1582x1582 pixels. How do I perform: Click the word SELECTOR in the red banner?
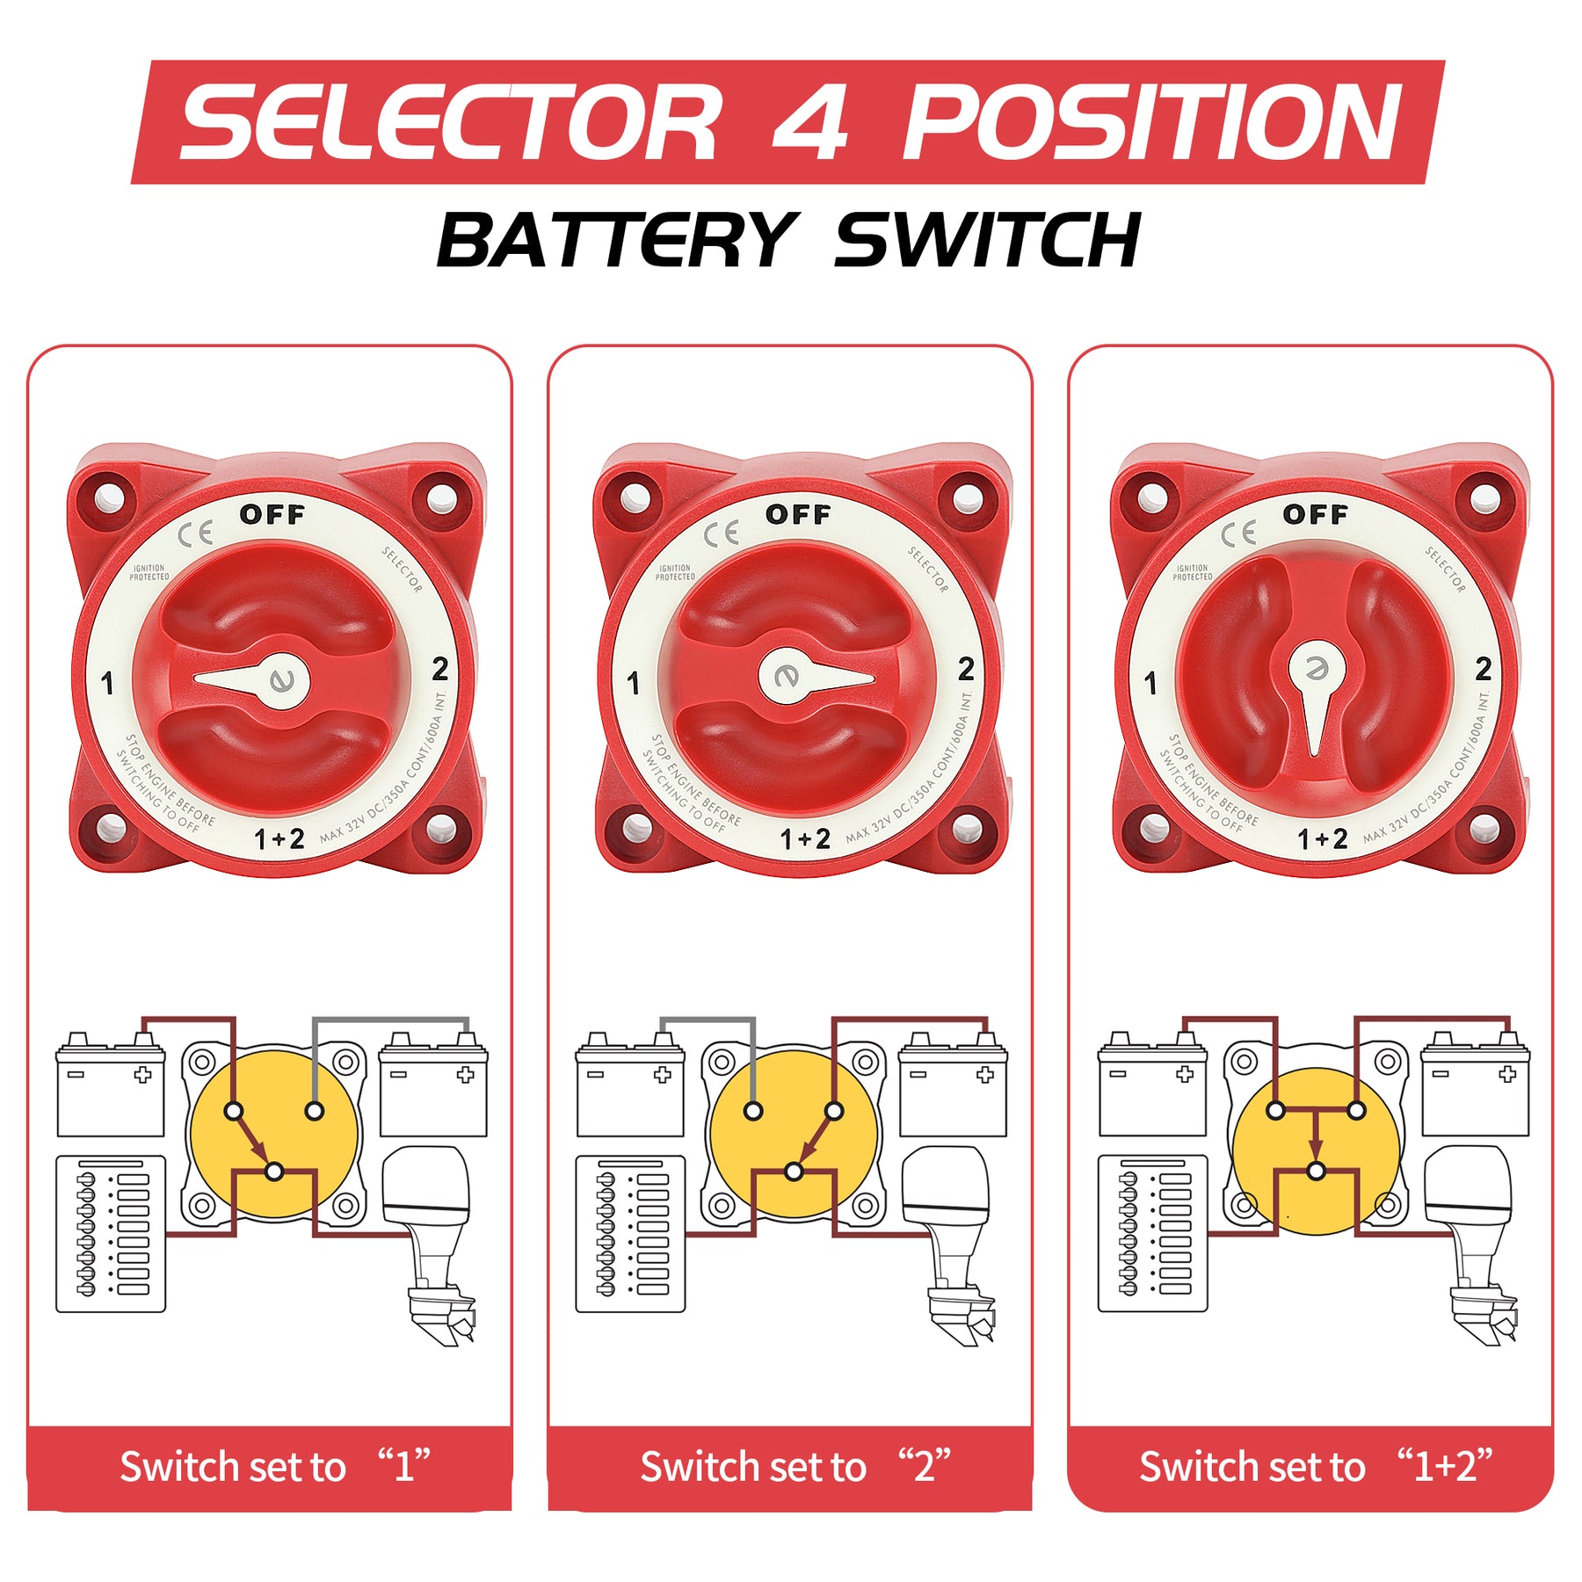(450, 123)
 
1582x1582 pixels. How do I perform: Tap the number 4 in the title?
(810, 123)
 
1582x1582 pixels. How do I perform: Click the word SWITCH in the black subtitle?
(986, 241)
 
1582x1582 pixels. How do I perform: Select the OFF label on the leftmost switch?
(272, 514)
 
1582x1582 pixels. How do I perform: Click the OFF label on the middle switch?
(798, 514)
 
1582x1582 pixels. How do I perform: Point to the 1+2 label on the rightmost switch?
(1323, 839)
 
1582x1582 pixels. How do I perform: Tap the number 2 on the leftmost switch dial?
(440, 670)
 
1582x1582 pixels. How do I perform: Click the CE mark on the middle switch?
(721, 533)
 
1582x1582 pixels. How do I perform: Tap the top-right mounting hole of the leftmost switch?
(441, 499)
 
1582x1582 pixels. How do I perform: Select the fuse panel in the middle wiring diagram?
(630, 1234)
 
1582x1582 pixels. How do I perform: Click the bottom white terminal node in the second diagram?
(794, 1172)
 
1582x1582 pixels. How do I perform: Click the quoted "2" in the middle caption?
(925, 1465)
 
